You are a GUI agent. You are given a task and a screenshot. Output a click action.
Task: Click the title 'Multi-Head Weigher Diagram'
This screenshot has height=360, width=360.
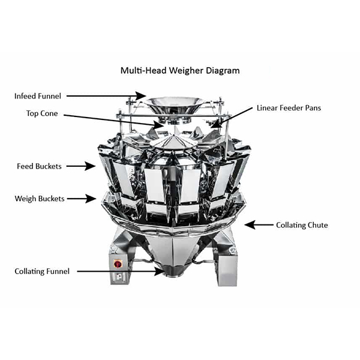click(180, 70)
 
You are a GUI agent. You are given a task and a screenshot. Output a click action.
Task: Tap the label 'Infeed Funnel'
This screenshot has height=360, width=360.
click(38, 95)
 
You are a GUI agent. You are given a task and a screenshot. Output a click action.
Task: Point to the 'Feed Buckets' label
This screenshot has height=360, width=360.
click(39, 166)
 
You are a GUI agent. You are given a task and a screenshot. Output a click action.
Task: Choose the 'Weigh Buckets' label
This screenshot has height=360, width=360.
click(40, 198)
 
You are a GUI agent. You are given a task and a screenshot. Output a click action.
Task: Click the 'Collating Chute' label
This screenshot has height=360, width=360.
click(302, 225)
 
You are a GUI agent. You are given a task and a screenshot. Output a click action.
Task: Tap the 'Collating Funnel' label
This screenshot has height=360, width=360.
click(42, 271)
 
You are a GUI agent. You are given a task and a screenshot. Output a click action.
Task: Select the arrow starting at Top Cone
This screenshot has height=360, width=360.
click(113, 120)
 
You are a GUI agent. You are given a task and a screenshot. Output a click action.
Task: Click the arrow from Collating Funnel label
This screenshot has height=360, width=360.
click(120, 271)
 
